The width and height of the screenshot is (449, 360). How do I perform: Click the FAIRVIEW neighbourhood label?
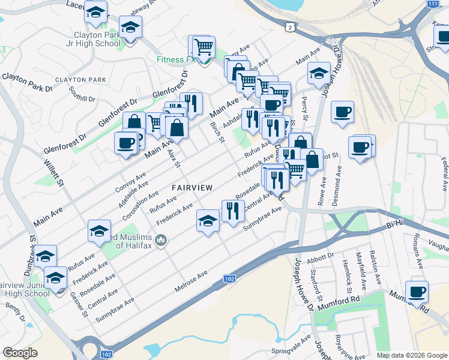192,188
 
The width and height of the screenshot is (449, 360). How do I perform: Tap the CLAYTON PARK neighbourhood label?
80,80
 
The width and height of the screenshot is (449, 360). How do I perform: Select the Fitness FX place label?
176,60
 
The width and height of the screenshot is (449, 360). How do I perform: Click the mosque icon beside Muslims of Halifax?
161,241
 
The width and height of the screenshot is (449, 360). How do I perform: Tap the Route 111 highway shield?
432,4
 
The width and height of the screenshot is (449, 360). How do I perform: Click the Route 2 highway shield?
291,27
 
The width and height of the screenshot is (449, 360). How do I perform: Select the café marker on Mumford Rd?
417,292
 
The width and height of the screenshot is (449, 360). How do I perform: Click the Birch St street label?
217,132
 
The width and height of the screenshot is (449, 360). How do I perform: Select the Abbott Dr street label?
320,256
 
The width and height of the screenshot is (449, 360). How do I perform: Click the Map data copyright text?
412,355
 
